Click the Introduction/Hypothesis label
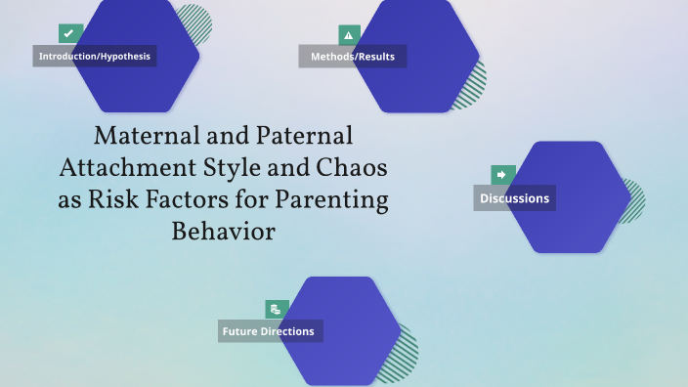(95, 56)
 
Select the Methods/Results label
(353, 56)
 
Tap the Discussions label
(514, 198)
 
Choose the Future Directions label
(269, 331)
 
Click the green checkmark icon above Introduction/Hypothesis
(68, 33)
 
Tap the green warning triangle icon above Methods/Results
(349, 35)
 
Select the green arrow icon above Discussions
(502, 175)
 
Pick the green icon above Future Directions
(277, 309)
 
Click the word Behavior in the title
(224, 233)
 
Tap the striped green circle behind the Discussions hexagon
(634, 201)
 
